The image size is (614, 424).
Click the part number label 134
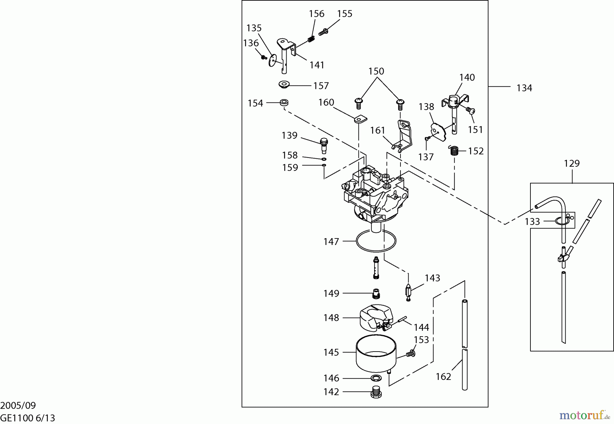click(524, 88)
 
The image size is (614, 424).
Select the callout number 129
click(572, 163)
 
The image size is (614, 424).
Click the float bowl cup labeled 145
click(376, 355)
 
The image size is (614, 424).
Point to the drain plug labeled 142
click(376, 392)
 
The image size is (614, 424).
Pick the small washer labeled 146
click(376, 378)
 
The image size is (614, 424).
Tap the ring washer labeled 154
click(284, 102)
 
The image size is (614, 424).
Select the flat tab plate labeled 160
click(360, 119)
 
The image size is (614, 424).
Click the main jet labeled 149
click(376, 293)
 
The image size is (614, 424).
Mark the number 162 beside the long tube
click(443, 377)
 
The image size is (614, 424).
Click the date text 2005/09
click(18, 406)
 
